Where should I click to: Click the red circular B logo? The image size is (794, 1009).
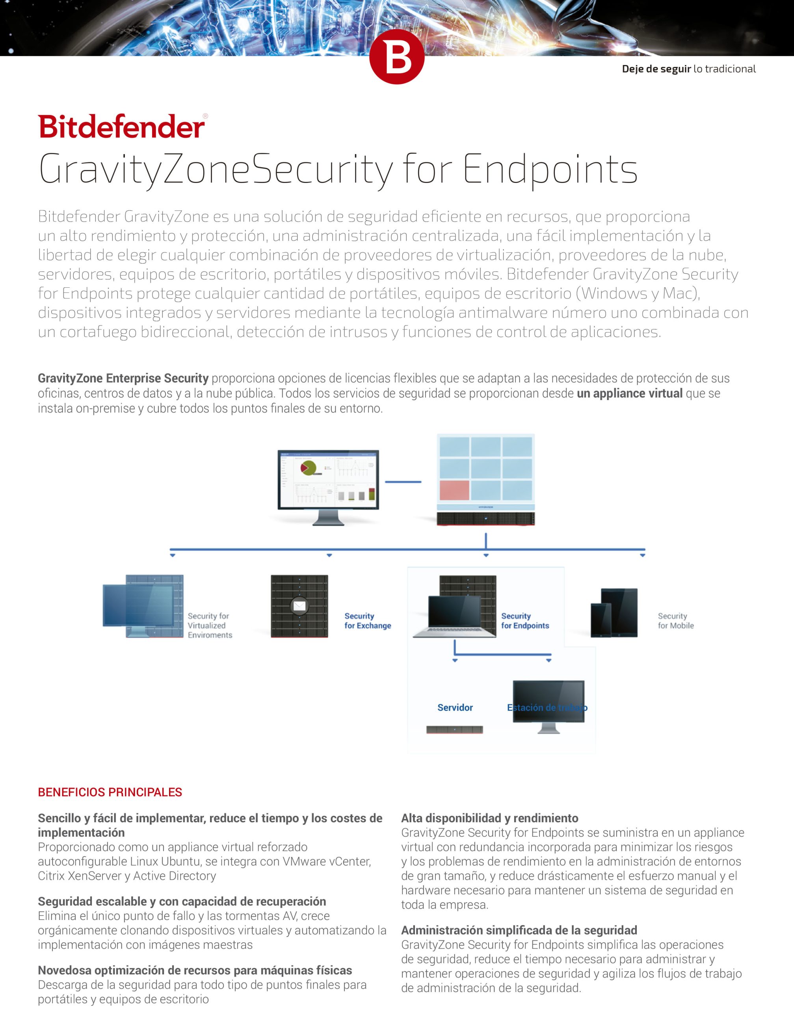pyautogui.click(x=396, y=57)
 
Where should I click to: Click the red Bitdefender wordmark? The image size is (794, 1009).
pyautogui.click(x=121, y=127)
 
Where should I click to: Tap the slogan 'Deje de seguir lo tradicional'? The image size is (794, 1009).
pyautogui.click(x=688, y=69)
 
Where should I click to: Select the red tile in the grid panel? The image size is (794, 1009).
pyautogui.click(x=454, y=491)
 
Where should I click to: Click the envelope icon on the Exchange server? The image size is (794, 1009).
pyautogui.click(x=299, y=606)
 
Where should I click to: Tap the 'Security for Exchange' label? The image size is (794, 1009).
pyautogui.click(x=367, y=621)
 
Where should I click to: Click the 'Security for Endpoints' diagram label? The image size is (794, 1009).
pyautogui.click(x=525, y=621)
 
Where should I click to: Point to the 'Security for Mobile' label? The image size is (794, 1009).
pyautogui.click(x=675, y=621)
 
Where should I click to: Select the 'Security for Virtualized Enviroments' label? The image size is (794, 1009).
pyautogui.click(x=210, y=626)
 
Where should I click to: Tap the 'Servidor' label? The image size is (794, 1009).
pyautogui.click(x=455, y=707)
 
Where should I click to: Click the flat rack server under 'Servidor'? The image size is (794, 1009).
pyautogui.click(x=454, y=730)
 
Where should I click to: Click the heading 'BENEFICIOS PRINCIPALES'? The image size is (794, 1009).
pyautogui.click(x=110, y=792)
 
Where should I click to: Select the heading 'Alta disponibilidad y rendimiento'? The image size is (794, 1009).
pyautogui.click(x=489, y=818)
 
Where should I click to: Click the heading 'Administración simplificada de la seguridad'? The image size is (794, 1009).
pyautogui.click(x=519, y=930)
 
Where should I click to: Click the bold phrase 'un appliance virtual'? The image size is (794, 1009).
pyautogui.click(x=629, y=393)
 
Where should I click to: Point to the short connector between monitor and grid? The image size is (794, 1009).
pyautogui.click(x=403, y=482)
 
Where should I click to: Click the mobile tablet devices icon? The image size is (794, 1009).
pyautogui.click(x=614, y=613)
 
